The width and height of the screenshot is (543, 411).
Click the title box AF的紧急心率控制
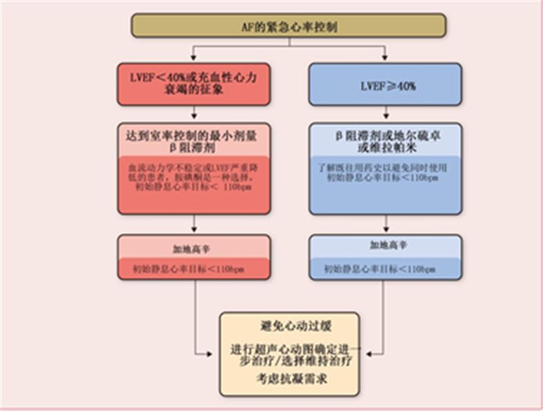[x=288, y=25]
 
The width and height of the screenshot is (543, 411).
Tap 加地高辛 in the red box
[x=195, y=246]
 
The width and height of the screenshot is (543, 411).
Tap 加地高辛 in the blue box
[x=386, y=246]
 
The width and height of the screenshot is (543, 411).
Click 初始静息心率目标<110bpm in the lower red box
[x=195, y=269]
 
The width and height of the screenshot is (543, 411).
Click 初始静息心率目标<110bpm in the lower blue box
[x=386, y=269]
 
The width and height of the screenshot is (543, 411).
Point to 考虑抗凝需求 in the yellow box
[x=288, y=380]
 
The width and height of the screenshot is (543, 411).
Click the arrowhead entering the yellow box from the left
[x=216, y=353]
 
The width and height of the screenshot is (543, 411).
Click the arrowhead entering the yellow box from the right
[x=362, y=353]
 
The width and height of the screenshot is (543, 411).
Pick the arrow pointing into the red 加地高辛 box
[x=195, y=228]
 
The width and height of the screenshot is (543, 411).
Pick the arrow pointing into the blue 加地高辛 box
[x=386, y=228]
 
